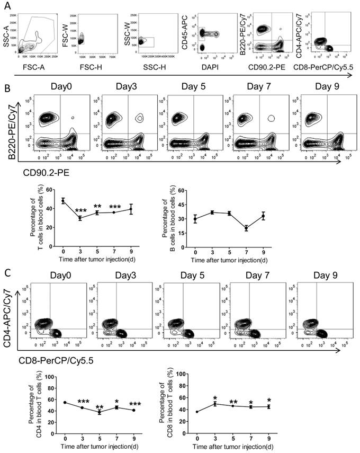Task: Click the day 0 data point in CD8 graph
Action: coord(197,412)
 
